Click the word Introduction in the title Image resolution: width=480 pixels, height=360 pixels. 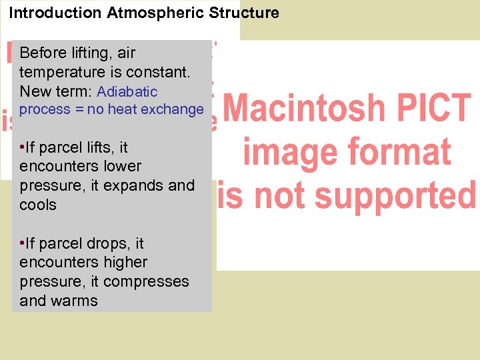[x=47, y=13]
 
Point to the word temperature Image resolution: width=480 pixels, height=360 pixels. [x=59, y=72]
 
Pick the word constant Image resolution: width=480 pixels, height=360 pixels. [x=161, y=72]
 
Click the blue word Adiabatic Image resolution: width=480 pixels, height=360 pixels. [x=127, y=91]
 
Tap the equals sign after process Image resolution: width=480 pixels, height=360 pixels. [x=79, y=109]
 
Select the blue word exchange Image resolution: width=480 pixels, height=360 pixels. [x=177, y=109]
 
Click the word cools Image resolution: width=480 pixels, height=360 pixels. [x=38, y=205]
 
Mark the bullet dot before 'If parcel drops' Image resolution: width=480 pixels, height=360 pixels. [x=23, y=243]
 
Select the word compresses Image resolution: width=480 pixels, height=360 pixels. [x=146, y=282]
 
